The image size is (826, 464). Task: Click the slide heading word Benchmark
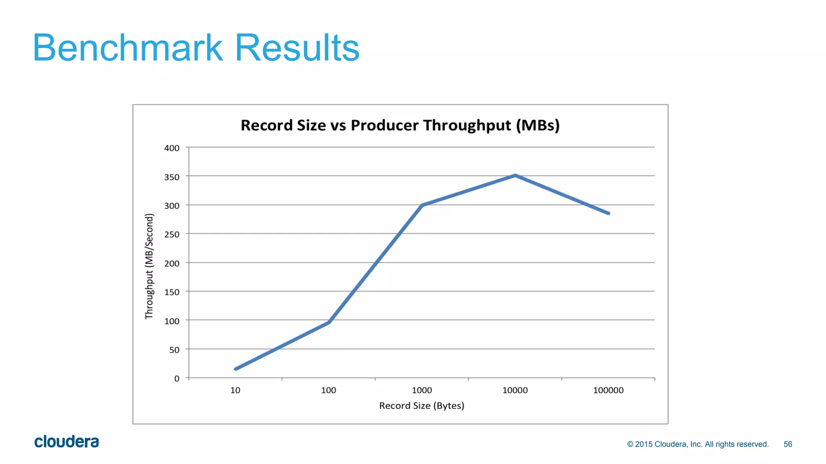coord(127,48)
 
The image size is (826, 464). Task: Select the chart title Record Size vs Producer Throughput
coord(400,125)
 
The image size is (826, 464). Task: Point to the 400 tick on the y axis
coord(172,148)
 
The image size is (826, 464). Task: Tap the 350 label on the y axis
coord(172,177)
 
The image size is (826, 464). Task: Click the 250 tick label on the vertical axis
coord(172,234)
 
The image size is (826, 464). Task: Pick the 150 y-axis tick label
coord(172,292)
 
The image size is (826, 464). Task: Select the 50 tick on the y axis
coord(174,350)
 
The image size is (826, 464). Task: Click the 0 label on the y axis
coord(177,379)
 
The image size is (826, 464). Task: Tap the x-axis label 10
coord(235,390)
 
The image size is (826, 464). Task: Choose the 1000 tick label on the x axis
coord(422,390)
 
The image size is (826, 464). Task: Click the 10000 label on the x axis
coord(515,390)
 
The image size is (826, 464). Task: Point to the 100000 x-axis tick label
coord(608,390)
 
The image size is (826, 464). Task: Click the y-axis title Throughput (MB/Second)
coord(150,266)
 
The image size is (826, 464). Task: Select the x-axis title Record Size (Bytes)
coord(421,406)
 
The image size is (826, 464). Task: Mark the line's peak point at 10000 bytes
coord(515,176)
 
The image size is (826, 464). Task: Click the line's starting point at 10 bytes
coord(236,369)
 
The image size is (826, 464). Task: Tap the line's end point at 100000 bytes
coord(608,213)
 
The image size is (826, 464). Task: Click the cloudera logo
coord(67,442)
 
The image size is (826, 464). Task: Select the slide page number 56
coord(788,444)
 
